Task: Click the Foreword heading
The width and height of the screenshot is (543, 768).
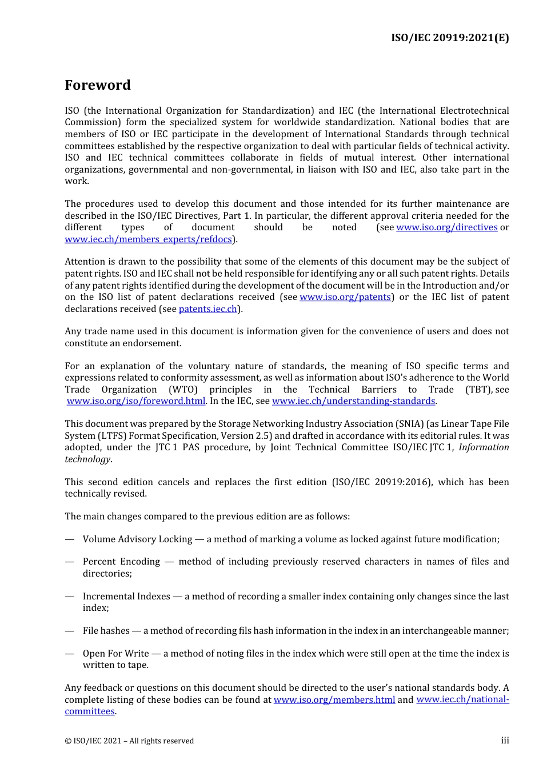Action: (x=98, y=85)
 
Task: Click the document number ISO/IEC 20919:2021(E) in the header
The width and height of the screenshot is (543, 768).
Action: (x=450, y=38)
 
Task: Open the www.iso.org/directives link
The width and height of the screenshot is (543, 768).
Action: (x=446, y=227)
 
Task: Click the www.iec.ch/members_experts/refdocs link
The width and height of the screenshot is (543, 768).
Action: (x=149, y=239)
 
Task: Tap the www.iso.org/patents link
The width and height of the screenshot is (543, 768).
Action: (x=345, y=297)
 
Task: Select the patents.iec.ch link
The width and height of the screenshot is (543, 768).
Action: (x=207, y=309)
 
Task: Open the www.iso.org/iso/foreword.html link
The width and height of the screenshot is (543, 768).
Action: (x=136, y=401)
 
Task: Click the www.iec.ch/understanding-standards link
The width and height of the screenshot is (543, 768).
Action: (x=353, y=401)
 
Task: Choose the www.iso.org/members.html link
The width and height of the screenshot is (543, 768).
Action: (x=334, y=700)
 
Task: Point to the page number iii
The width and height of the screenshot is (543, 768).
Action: (x=505, y=741)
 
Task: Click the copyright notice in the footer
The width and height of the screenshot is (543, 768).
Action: (x=129, y=741)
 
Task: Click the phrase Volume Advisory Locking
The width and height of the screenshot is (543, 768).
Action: (x=137, y=539)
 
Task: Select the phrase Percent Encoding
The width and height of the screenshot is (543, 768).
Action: (x=121, y=562)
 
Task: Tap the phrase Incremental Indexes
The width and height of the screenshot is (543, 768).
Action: (x=126, y=597)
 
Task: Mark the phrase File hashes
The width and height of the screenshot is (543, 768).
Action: (x=106, y=631)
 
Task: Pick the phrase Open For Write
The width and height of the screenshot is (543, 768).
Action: (x=115, y=654)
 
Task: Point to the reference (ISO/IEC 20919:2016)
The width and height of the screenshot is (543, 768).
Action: (x=382, y=482)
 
